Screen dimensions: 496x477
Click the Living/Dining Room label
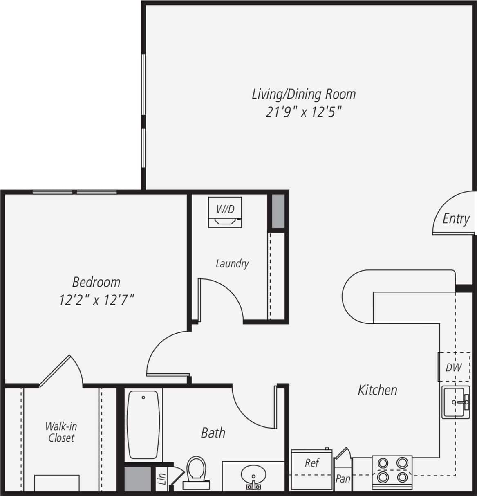pos(303,94)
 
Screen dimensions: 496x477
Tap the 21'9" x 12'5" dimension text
pos(303,112)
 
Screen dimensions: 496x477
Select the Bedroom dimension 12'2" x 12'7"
pos(96,301)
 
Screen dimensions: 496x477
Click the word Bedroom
pos(96,282)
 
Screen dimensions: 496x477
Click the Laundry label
pos(232,263)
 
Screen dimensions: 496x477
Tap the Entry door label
pos(456,219)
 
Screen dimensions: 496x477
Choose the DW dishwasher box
pos(453,367)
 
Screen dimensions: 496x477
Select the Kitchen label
pos(377,390)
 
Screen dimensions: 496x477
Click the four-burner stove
pos(392,470)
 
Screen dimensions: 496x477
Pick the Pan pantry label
pos(343,478)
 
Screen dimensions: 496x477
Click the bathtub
pos(143,425)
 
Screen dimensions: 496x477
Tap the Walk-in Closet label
pos(61,432)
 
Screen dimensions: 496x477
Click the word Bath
pos(213,433)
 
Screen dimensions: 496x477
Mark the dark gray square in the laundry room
pos(278,212)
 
